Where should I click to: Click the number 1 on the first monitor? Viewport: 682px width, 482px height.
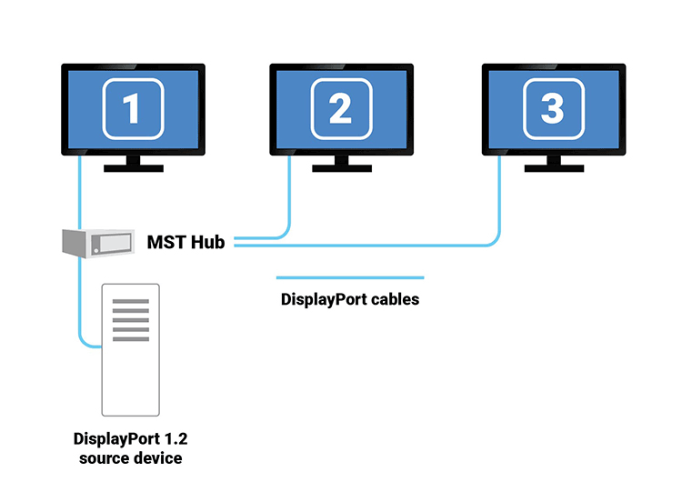tap(132, 109)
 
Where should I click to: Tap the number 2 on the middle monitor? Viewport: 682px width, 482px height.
tap(340, 109)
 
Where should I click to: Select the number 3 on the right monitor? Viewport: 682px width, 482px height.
tap(552, 109)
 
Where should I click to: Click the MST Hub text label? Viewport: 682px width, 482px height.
tap(186, 242)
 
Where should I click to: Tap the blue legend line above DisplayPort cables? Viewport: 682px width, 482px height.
tap(350, 277)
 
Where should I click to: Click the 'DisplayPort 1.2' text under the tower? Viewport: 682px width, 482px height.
tap(128, 438)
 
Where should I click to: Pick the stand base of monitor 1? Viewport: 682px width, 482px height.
tap(133, 168)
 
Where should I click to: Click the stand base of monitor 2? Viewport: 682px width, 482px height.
tap(342, 168)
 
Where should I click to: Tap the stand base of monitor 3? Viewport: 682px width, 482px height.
tap(553, 168)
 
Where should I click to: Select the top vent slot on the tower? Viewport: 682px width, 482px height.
tap(130, 301)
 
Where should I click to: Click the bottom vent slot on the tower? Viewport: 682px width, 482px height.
tap(130, 339)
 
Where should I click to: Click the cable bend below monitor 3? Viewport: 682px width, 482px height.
tap(496, 241)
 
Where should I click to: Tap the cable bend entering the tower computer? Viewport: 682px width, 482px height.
tap(84, 343)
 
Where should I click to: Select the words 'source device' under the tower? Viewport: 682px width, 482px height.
tap(128, 457)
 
